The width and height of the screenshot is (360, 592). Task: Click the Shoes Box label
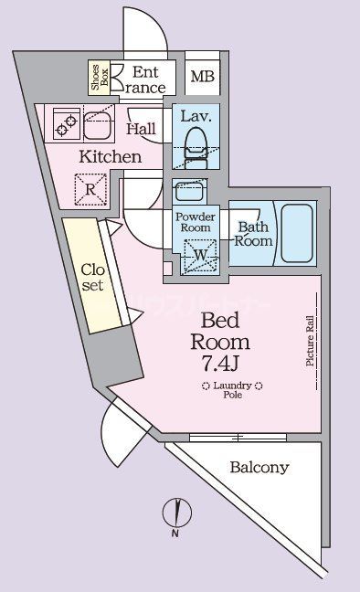tap(97, 79)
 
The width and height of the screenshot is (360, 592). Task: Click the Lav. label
tap(196, 116)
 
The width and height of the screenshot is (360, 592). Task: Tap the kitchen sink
tap(97, 123)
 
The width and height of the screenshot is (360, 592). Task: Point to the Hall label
tap(142, 129)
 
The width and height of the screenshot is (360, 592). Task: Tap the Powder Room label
tap(196, 223)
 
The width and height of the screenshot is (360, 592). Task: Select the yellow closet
tap(91, 278)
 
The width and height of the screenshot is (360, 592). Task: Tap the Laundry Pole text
tap(233, 390)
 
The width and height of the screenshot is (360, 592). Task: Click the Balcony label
tap(259, 468)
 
